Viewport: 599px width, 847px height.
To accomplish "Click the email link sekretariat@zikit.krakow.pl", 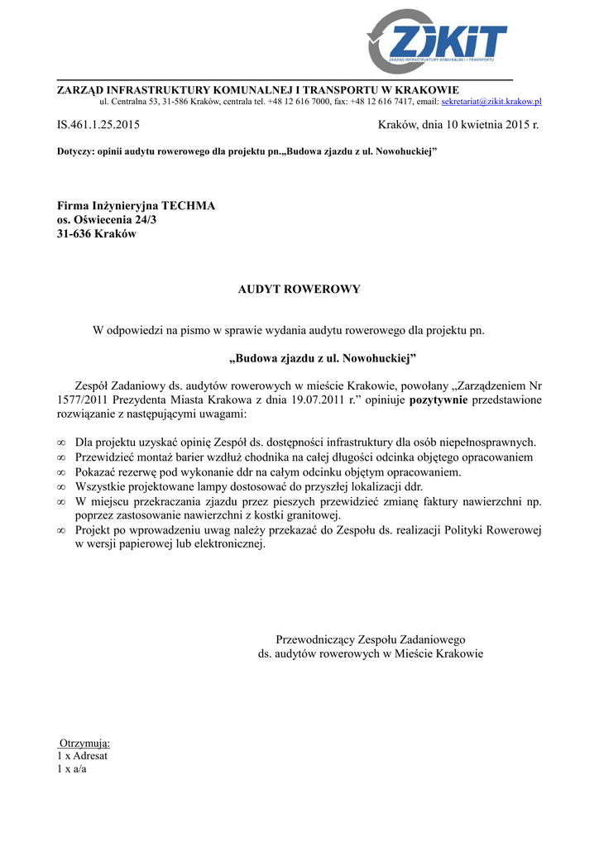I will (x=491, y=101).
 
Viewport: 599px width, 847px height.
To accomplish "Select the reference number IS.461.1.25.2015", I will (x=98, y=126).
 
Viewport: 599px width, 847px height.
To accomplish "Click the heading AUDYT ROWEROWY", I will (x=299, y=290).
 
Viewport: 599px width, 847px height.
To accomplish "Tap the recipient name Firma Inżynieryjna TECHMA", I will (x=136, y=205).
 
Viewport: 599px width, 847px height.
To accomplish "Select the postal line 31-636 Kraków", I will (x=96, y=233).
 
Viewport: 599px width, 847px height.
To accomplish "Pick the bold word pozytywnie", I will (x=438, y=400).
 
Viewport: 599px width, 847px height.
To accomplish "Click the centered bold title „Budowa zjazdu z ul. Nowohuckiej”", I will (x=322, y=359).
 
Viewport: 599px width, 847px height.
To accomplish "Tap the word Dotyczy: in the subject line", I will (x=74, y=152).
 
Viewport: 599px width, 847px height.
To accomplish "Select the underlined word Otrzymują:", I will (x=84, y=743).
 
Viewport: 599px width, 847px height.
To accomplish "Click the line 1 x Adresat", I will (x=82, y=755).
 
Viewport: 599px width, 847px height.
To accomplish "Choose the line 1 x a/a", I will (x=72, y=768).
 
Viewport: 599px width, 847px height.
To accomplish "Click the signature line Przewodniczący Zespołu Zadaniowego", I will (x=370, y=639).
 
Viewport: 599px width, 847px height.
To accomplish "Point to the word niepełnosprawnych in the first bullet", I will (x=489, y=443).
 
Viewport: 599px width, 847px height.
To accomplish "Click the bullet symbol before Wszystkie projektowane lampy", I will (x=61, y=487).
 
